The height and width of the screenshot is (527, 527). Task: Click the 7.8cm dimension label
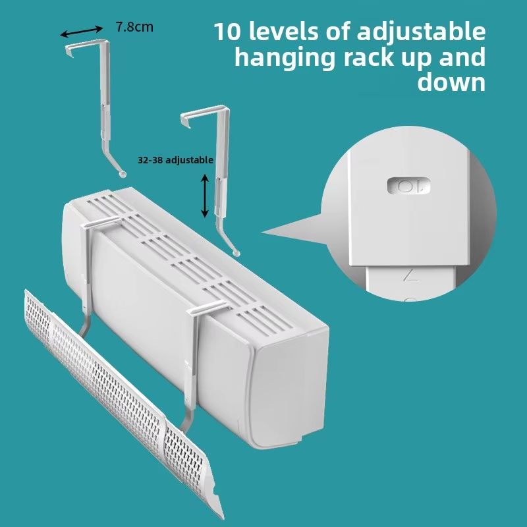134,27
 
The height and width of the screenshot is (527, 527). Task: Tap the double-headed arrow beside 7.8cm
82,31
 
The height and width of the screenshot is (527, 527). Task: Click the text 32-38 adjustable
175,160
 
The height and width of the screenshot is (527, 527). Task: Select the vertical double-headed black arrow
205,196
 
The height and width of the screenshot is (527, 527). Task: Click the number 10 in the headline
228,32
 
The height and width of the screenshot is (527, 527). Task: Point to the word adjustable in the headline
421,32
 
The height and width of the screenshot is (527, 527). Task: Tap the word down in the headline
451,82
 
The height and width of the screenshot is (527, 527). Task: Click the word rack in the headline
369,57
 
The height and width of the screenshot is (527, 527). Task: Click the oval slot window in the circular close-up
408,186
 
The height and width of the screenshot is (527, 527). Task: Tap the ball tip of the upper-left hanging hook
123,173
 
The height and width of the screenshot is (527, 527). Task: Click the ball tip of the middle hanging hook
236,253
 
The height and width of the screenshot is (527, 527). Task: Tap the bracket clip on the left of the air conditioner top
101,223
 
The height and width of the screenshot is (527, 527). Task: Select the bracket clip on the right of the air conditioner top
208,307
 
